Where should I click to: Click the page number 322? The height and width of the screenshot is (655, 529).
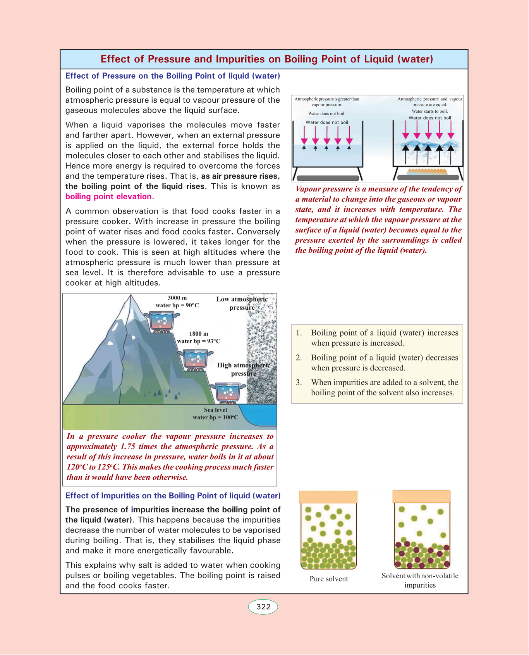[263, 607]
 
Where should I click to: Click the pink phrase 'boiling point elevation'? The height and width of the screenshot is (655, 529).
[108, 196]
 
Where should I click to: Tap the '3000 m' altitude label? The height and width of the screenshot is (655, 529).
[177, 298]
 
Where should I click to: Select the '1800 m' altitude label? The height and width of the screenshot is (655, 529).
[198, 334]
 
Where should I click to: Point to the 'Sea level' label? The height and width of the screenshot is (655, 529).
[215, 410]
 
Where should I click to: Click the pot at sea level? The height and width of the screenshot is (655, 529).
[228, 392]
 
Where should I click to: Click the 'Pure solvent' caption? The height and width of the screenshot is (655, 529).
[328, 579]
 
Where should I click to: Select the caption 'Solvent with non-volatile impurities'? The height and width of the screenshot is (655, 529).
[420, 580]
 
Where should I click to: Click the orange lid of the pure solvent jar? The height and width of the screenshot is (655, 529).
[328, 497]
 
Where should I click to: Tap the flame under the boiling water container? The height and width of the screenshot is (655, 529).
[428, 171]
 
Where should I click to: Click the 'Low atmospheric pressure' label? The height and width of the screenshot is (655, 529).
[242, 303]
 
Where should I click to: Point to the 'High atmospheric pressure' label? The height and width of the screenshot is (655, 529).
[243, 369]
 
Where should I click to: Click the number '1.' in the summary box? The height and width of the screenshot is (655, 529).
[299, 333]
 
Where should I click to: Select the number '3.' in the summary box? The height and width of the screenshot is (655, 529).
[299, 383]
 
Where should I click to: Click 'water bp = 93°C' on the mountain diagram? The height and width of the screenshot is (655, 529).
[198, 341]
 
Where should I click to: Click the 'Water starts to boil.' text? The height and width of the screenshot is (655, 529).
[429, 111]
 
